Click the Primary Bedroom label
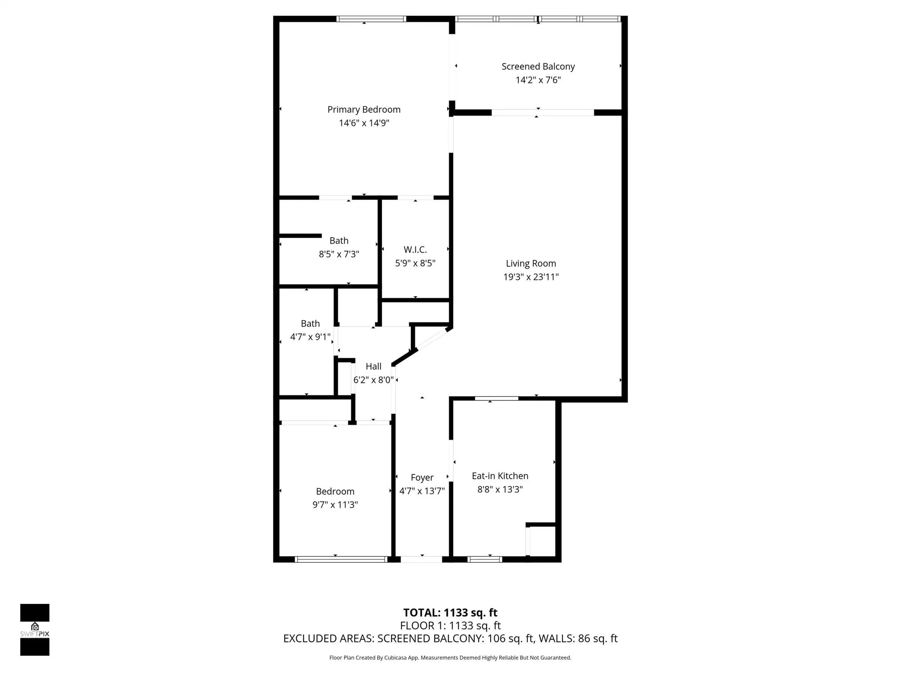pos(364,110)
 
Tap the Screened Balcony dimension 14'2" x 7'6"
pos(538,80)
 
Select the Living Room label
pos(531,264)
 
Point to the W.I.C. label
pos(415,250)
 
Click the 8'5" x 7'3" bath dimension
pos(339,254)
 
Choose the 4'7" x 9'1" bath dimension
pos(310,337)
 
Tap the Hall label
pos(373,366)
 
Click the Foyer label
pos(422,478)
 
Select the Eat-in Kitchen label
pos(500,476)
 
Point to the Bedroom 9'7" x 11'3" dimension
pos(335,505)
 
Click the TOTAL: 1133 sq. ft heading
pos(450,613)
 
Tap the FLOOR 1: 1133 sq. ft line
pos(450,625)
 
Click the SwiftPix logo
pos(35,629)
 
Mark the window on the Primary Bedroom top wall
pos(371,19)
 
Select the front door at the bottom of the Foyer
pos(421,559)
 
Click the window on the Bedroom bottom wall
pos(341,559)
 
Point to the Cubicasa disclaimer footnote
pos(450,658)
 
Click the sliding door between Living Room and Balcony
pos(542,113)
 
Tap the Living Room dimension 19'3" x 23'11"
pos(531,277)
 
